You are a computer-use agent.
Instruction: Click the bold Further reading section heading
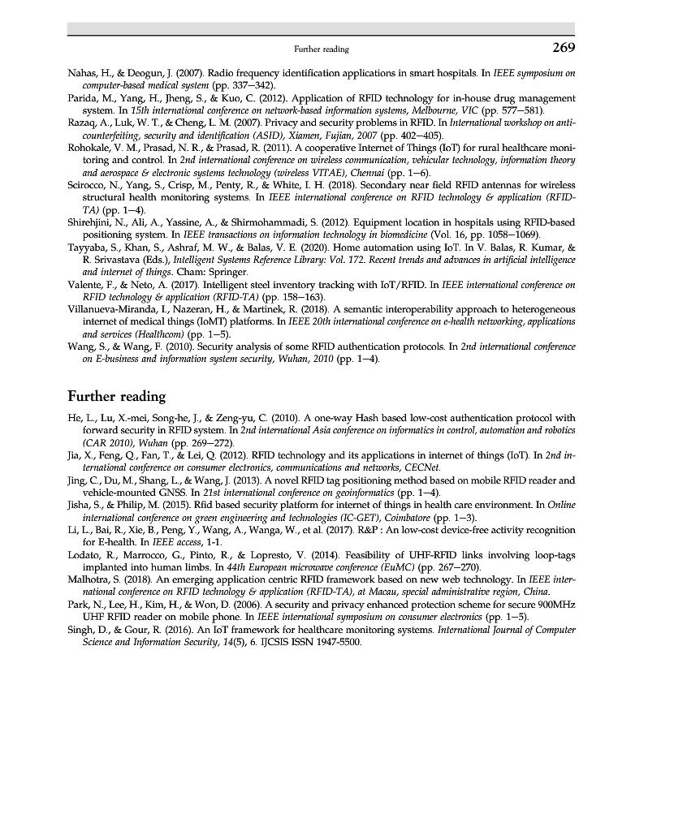pyautogui.click(x=116, y=397)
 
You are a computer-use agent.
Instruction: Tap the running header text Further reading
pyautogui.click(x=322, y=50)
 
